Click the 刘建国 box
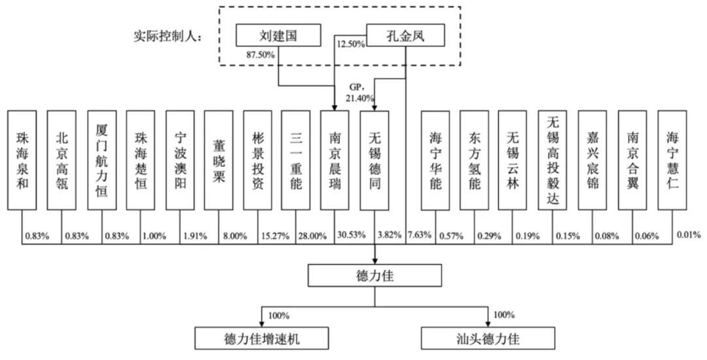pos(278,35)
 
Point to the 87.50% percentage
pos(261,55)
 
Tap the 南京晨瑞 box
pos(335,160)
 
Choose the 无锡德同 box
pos(374,160)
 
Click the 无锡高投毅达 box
pos(552,160)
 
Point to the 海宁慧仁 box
pos(672,160)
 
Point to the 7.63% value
pos(419,235)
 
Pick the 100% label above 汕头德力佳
pos(504,315)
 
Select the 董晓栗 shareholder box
pos(219,160)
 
